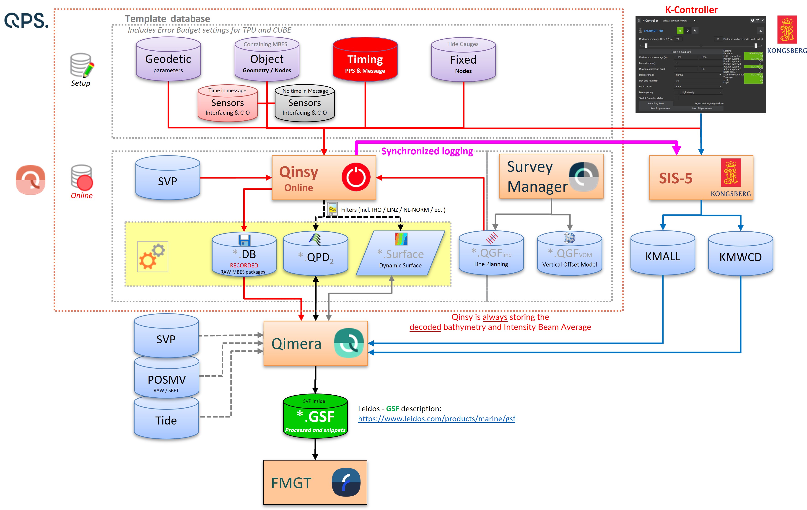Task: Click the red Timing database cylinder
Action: [x=365, y=60]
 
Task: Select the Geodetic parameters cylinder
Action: [x=168, y=60]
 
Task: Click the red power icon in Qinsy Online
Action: [x=356, y=177]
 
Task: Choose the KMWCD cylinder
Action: [x=740, y=254]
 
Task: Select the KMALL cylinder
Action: [x=663, y=253]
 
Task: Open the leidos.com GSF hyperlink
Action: [x=436, y=419]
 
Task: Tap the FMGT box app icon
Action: [x=346, y=482]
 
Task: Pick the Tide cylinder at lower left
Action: [x=166, y=419]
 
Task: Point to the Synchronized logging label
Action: [x=427, y=151]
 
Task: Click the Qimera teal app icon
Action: [x=348, y=343]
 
